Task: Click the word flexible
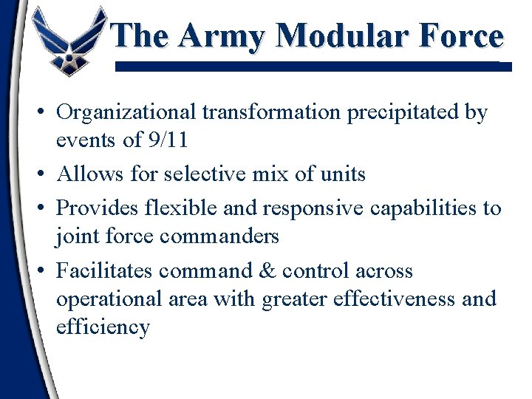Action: [x=183, y=208]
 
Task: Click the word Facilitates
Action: [x=104, y=270]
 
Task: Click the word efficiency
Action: [x=103, y=327]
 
